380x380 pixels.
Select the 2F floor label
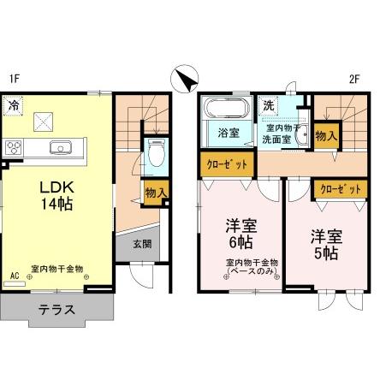[x=354, y=79]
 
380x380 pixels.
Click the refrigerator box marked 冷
[x=13, y=106]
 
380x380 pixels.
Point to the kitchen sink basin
[x=61, y=147]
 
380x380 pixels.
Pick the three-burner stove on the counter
[x=14, y=147]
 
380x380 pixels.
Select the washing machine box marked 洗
[x=268, y=106]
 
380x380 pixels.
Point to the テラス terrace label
[x=56, y=310]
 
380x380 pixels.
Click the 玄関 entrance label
[x=142, y=244]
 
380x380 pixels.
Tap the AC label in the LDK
[x=15, y=276]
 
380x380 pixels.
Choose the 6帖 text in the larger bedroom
[x=240, y=243]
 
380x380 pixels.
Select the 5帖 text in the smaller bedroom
[x=326, y=252]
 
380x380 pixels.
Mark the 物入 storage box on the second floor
[x=327, y=136]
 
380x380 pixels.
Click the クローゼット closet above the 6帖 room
[x=227, y=164]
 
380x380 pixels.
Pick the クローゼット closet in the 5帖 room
[x=341, y=189]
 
